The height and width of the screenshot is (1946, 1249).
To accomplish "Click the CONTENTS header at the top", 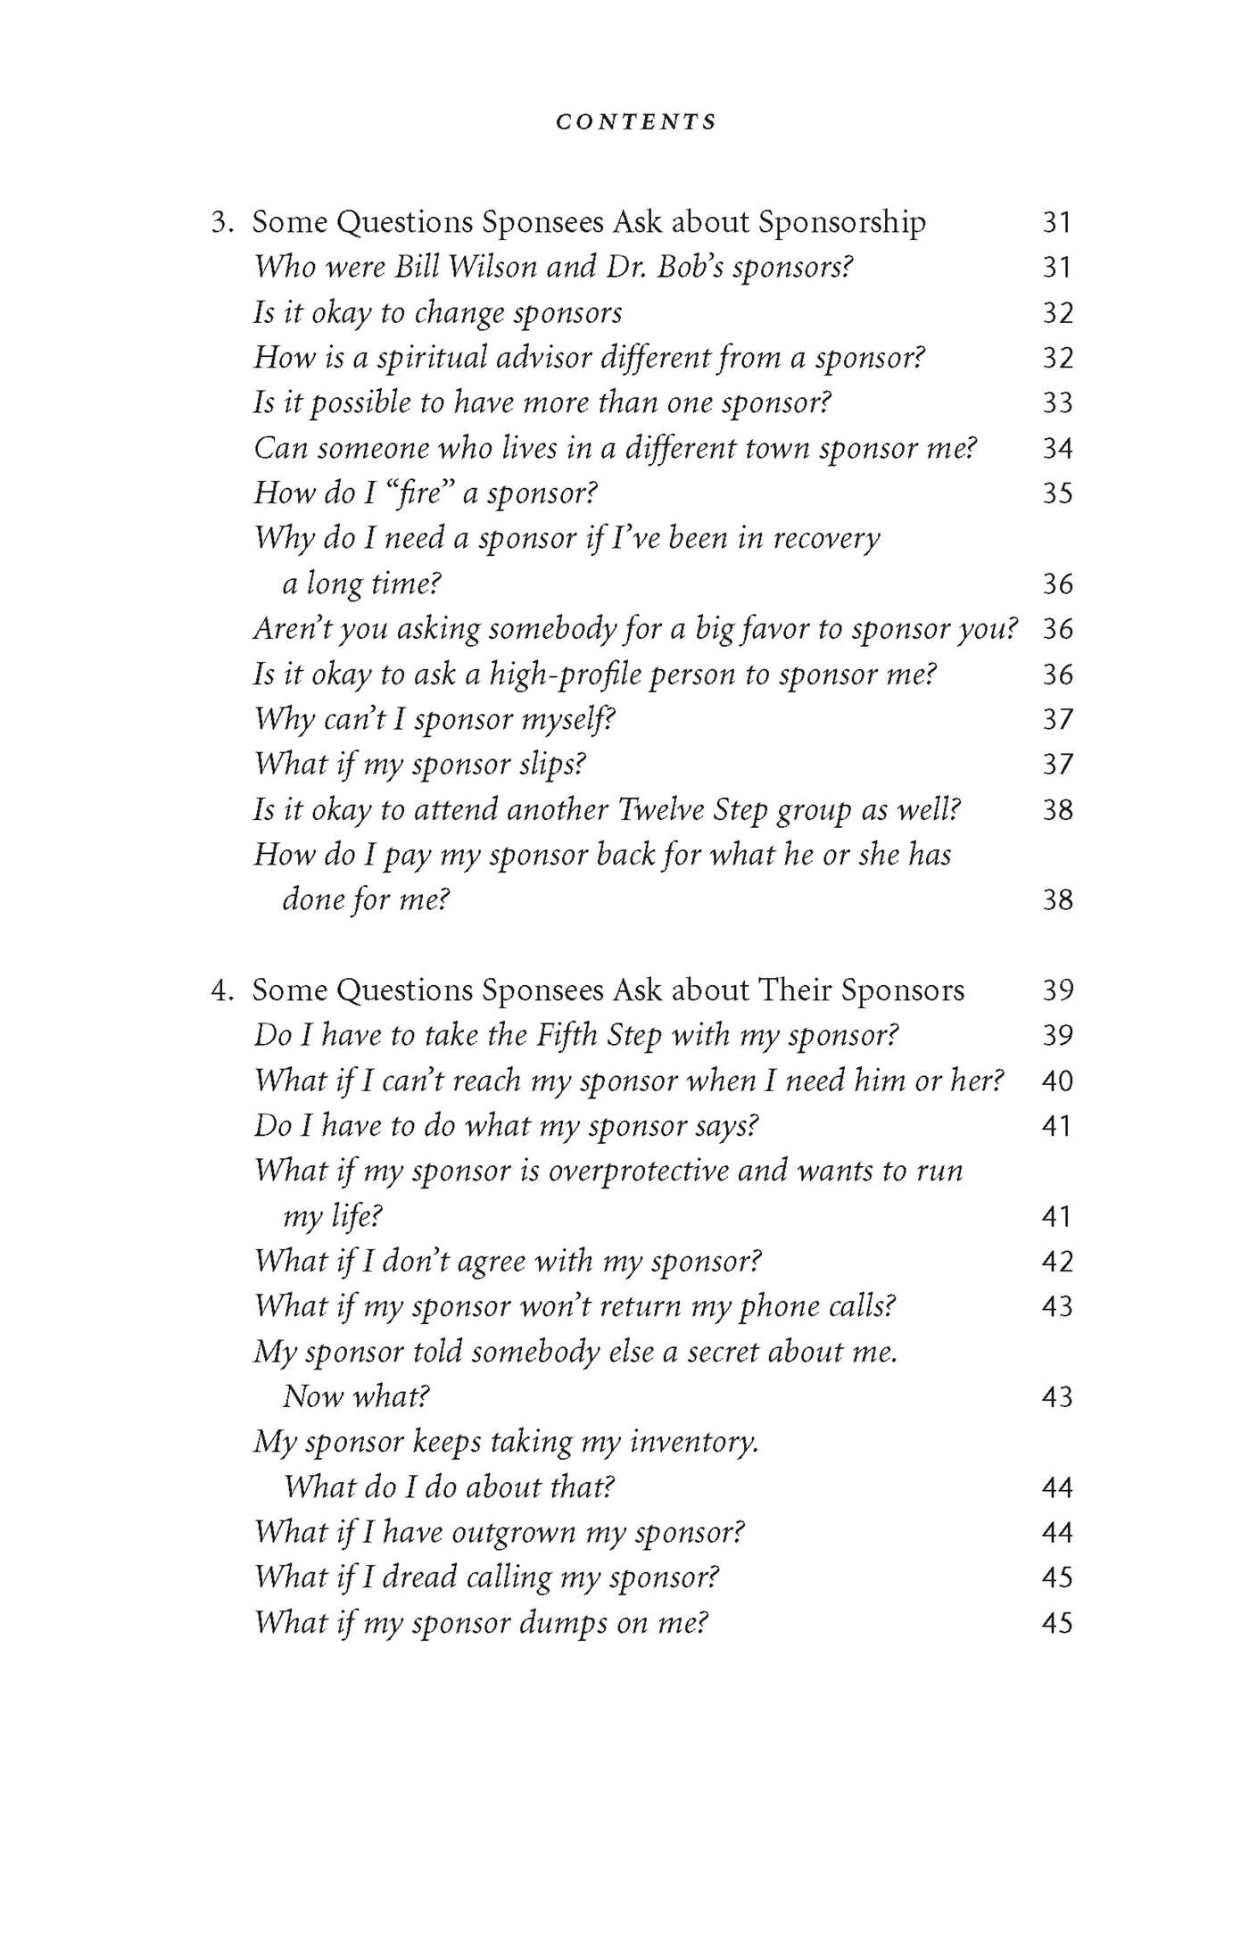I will click(x=635, y=122).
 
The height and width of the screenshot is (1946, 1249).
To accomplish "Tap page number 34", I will click(x=1057, y=448).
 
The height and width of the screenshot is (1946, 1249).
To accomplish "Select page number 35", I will click(x=1057, y=493).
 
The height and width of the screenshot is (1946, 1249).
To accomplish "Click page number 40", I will click(x=1057, y=1081).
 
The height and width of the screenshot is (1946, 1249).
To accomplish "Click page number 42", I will click(x=1057, y=1262).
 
